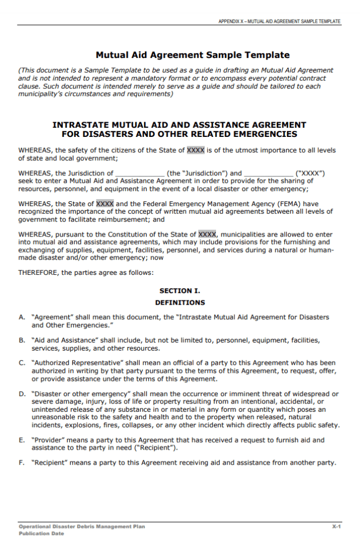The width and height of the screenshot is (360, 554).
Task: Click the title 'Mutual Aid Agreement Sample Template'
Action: click(x=193, y=55)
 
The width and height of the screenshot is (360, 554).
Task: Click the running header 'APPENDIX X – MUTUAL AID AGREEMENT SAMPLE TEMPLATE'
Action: click(x=279, y=21)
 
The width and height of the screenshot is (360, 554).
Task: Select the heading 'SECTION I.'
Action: click(x=180, y=291)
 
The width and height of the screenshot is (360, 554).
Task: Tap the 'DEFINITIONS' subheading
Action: click(x=180, y=302)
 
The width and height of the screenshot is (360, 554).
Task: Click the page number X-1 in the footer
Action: click(x=336, y=526)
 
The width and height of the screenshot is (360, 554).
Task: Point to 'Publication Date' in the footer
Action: click(x=41, y=533)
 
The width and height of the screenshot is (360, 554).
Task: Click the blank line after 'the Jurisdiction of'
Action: click(x=140, y=174)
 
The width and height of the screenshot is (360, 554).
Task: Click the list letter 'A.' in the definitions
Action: click(x=22, y=318)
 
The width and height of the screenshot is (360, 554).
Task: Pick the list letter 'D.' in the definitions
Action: click(x=22, y=394)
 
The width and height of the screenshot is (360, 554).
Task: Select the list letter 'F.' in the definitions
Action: click(x=22, y=463)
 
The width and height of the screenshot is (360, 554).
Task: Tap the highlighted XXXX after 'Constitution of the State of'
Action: click(x=207, y=234)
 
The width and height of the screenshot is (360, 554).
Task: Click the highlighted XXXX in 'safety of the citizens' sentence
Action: click(x=195, y=150)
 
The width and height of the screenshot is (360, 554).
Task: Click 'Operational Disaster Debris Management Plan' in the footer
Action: click(x=82, y=526)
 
